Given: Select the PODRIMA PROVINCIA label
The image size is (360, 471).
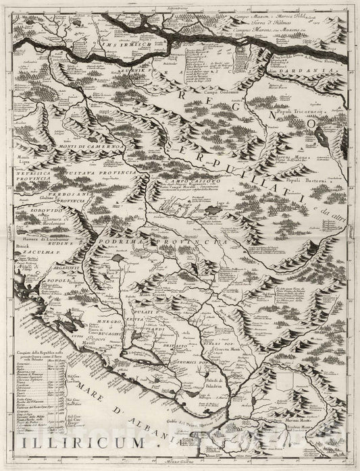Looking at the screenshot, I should [x=159, y=241].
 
